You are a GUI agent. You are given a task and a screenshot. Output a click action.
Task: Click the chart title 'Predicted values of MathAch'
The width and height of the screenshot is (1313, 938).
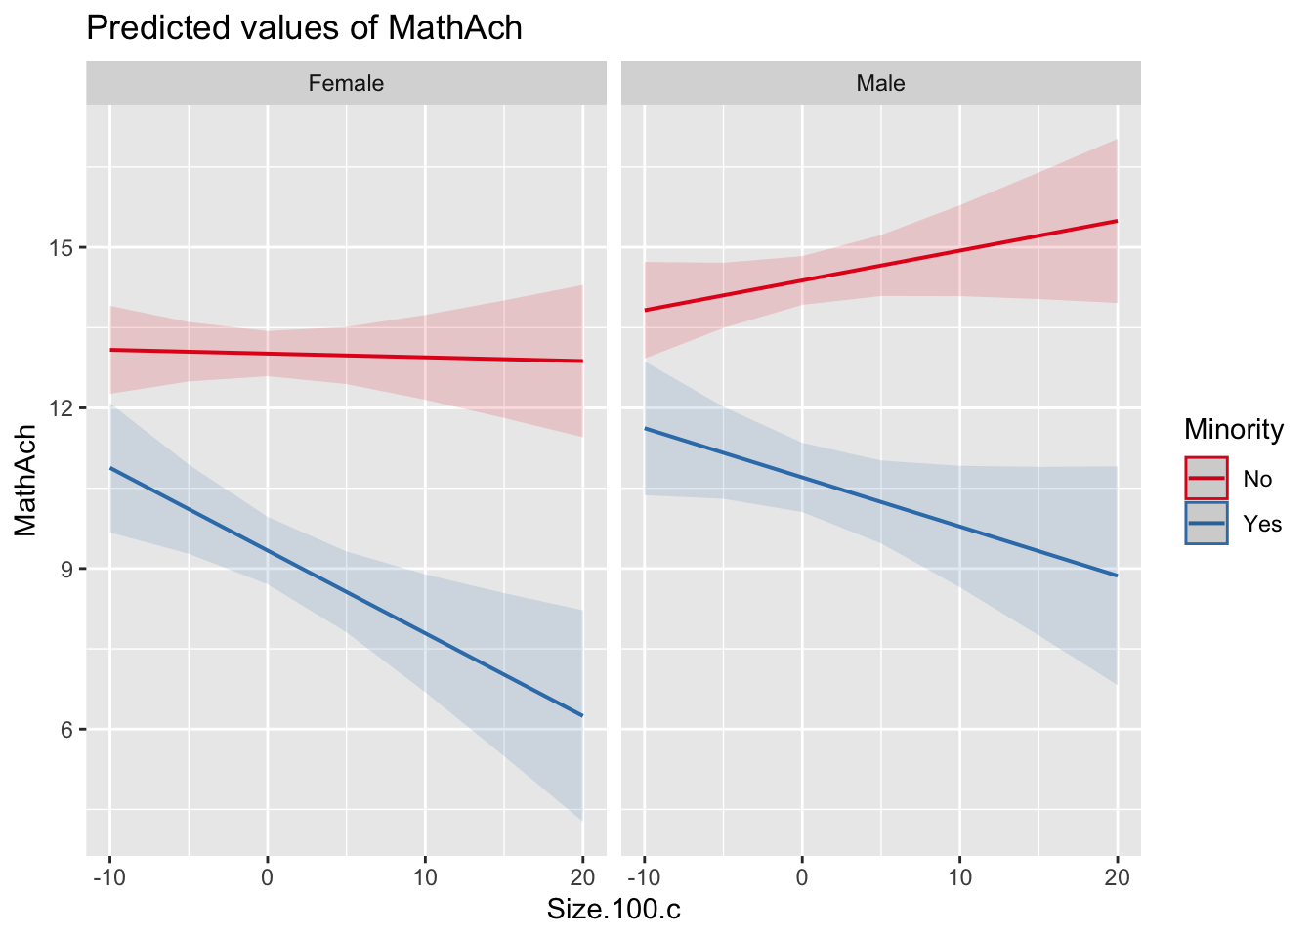click(304, 27)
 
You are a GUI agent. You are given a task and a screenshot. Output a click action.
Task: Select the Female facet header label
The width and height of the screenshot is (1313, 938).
click(346, 83)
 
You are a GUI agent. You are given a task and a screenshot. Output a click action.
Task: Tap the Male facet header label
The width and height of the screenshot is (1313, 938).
click(880, 83)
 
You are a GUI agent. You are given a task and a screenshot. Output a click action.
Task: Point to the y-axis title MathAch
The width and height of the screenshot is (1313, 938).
click(26, 480)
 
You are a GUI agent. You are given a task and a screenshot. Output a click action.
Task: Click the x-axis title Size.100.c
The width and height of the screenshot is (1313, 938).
click(614, 910)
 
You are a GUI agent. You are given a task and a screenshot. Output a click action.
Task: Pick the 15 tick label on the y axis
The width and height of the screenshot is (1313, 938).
click(63, 248)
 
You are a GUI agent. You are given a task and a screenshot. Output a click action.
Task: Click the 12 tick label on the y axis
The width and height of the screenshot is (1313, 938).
click(63, 408)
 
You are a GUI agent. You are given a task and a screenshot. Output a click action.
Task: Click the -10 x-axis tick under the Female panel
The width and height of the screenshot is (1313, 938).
click(108, 876)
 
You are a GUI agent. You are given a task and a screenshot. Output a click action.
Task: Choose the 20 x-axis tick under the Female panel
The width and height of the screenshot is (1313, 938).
click(582, 876)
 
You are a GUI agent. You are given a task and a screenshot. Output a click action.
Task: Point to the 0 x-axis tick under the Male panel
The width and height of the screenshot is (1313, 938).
click(802, 876)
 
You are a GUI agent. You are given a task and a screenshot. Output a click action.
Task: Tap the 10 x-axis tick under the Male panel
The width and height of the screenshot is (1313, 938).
click(959, 876)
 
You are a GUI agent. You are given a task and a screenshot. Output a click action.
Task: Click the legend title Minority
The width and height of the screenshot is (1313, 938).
click(1233, 429)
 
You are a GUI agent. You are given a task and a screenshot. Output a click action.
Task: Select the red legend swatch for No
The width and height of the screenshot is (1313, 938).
click(1207, 479)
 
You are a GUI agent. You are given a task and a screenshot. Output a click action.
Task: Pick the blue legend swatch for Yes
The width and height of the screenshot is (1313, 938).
click(1207, 524)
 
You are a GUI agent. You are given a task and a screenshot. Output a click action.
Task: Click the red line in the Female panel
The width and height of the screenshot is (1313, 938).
click(346, 355)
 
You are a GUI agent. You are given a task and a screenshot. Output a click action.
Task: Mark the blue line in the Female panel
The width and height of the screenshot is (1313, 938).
click(346, 592)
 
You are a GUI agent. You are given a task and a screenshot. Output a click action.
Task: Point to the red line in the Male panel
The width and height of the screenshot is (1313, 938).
click(880, 266)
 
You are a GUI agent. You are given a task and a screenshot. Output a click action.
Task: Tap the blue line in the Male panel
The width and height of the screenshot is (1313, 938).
click(880, 502)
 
